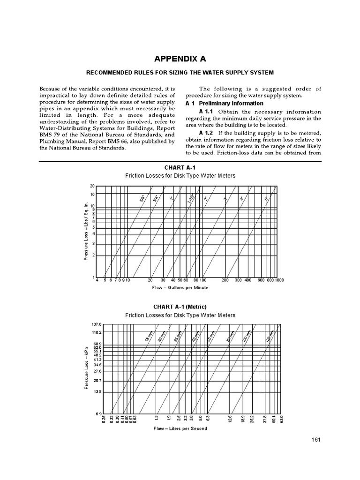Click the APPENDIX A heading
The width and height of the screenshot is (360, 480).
click(x=180, y=59)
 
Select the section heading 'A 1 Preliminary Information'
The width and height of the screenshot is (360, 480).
click(x=225, y=103)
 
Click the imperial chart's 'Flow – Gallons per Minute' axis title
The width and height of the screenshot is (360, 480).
click(x=180, y=287)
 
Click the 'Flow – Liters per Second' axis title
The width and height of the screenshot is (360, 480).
click(x=180, y=428)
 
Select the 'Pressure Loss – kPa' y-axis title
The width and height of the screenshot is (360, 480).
click(x=86, y=368)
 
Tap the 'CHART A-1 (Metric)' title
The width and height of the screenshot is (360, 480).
click(x=180, y=307)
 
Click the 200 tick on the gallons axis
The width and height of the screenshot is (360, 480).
click(x=225, y=280)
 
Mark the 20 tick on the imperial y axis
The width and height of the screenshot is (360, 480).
click(x=92, y=186)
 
